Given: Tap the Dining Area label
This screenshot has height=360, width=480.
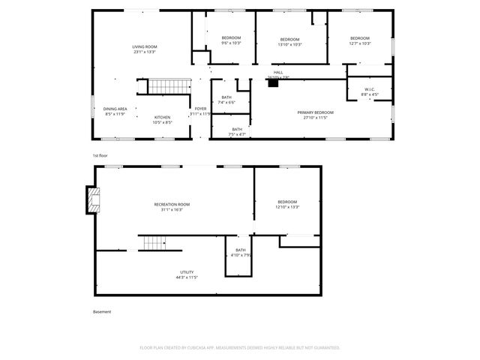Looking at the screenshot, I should pyautogui.click(x=115, y=109).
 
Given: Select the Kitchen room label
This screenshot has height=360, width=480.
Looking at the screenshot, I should pyautogui.click(x=163, y=117).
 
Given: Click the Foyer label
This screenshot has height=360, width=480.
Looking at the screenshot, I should pyautogui.click(x=200, y=109).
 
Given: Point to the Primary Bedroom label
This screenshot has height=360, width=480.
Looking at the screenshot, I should pyautogui.click(x=315, y=112).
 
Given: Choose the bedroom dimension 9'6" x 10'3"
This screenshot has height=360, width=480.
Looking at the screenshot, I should pyautogui.click(x=231, y=43).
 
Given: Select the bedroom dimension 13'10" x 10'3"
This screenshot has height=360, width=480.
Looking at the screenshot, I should pyautogui.click(x=290, y=44).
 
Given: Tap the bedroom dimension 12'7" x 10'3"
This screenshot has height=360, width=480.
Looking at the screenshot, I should pyautogui.click(x=360, y=43).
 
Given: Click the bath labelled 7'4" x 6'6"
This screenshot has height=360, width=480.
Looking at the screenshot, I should pyautogui.click(x=226, y=102).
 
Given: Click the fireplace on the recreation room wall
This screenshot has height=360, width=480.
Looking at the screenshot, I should pyautogui.click(x=93, y=200).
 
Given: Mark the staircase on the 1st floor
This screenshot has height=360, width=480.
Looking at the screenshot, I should pyautogui.click(x=166, y=86).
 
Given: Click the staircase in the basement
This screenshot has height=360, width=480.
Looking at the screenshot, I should pyautogui.click(x=154, y=243).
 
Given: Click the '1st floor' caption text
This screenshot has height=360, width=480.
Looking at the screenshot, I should pyautogui.click(x=101, y=154).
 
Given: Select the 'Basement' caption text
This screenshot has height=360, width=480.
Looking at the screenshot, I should pyautogui.click(x=101, y=310).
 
